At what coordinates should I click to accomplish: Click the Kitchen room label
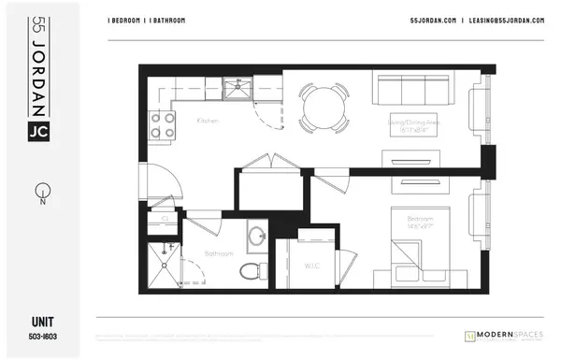click(208, 121)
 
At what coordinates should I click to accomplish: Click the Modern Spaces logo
click(506, 335)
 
